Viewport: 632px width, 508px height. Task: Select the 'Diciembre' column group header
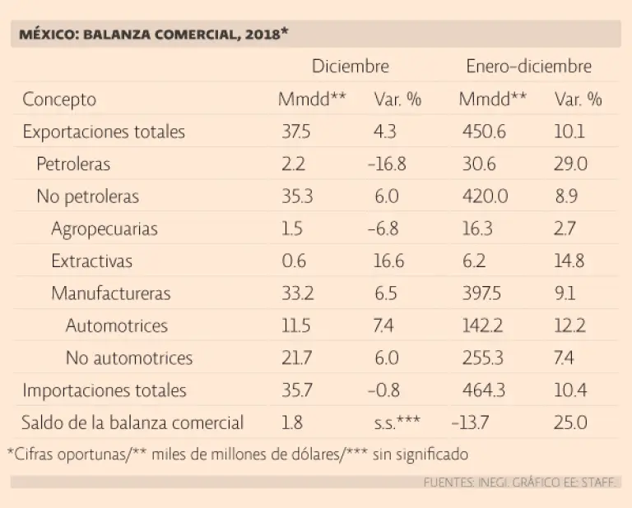tap(350, 67)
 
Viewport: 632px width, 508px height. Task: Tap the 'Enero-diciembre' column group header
tap(528, 67)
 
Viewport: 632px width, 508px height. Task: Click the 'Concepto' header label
tap(59, 100)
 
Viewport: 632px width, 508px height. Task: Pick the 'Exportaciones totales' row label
tap(104, 132)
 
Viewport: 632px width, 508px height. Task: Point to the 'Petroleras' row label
tap(73, 164)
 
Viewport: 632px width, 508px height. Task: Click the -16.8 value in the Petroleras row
tap(387, 164)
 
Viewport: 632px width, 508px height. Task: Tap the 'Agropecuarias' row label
tap(104, 229)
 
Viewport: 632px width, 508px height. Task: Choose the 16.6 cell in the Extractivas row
tap(388, 261)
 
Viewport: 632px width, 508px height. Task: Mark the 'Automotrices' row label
tap(117, 326)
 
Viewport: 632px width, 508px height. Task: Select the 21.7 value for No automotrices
tap(296, 358)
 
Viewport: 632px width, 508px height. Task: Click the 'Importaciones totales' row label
tap(105, 390)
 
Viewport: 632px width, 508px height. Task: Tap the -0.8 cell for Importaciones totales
tap(385, 390)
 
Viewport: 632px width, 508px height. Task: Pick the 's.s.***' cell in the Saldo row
tap(397, 423)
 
